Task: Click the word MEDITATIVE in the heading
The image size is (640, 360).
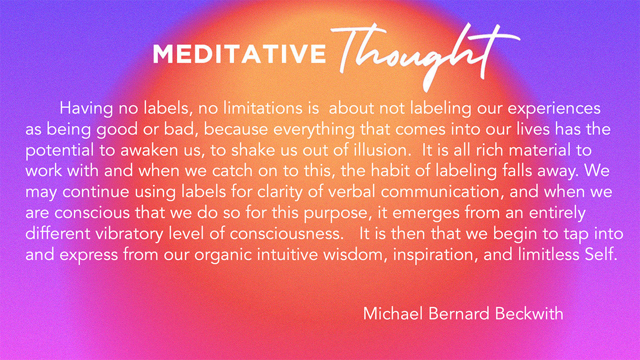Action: pyautogui.click(x=239, y=53)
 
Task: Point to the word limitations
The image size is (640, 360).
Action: pyautogui.click(x=262, y=108)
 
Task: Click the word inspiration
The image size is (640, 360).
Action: pyautogui.click(x=435, y=255)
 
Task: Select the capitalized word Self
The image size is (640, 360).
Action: pyautogui.click(x=600, y=254)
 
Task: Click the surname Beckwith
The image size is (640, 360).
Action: pyautogui.click(x=529, y=313)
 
